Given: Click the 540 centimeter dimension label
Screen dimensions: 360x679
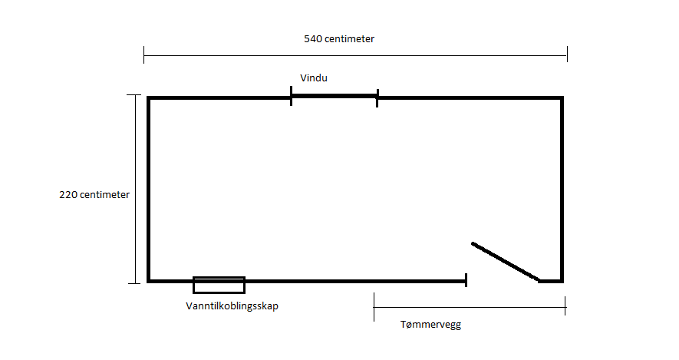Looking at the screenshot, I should [339, 38].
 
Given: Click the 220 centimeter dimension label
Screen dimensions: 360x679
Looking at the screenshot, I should [94, 194].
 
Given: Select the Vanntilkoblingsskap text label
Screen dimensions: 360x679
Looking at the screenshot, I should [232, 305].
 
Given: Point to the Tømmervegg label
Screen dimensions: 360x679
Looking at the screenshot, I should [430, 324].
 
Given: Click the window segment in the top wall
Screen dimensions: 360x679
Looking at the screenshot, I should [335, 97].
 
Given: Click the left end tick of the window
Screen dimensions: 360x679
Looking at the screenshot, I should [292, 97].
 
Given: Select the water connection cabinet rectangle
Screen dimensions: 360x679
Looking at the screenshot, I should [219, 285].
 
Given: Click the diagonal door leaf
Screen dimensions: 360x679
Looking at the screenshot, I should [505, 262].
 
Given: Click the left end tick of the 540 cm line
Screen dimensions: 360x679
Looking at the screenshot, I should [144, 54].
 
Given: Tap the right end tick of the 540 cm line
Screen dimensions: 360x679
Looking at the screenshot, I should [567, 54].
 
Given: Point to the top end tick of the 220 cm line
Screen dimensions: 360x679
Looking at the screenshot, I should [134, 95].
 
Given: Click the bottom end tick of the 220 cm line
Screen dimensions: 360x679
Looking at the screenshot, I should [134, 283].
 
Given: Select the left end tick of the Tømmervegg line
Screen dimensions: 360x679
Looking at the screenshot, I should [374, 308].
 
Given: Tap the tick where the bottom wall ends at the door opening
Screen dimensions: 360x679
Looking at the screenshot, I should [466, 280].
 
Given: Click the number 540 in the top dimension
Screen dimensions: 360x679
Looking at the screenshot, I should [313, 38].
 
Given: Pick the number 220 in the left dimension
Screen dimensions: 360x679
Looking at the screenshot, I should [68, 194].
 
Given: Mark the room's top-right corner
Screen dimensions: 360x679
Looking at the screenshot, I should [562, 98].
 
